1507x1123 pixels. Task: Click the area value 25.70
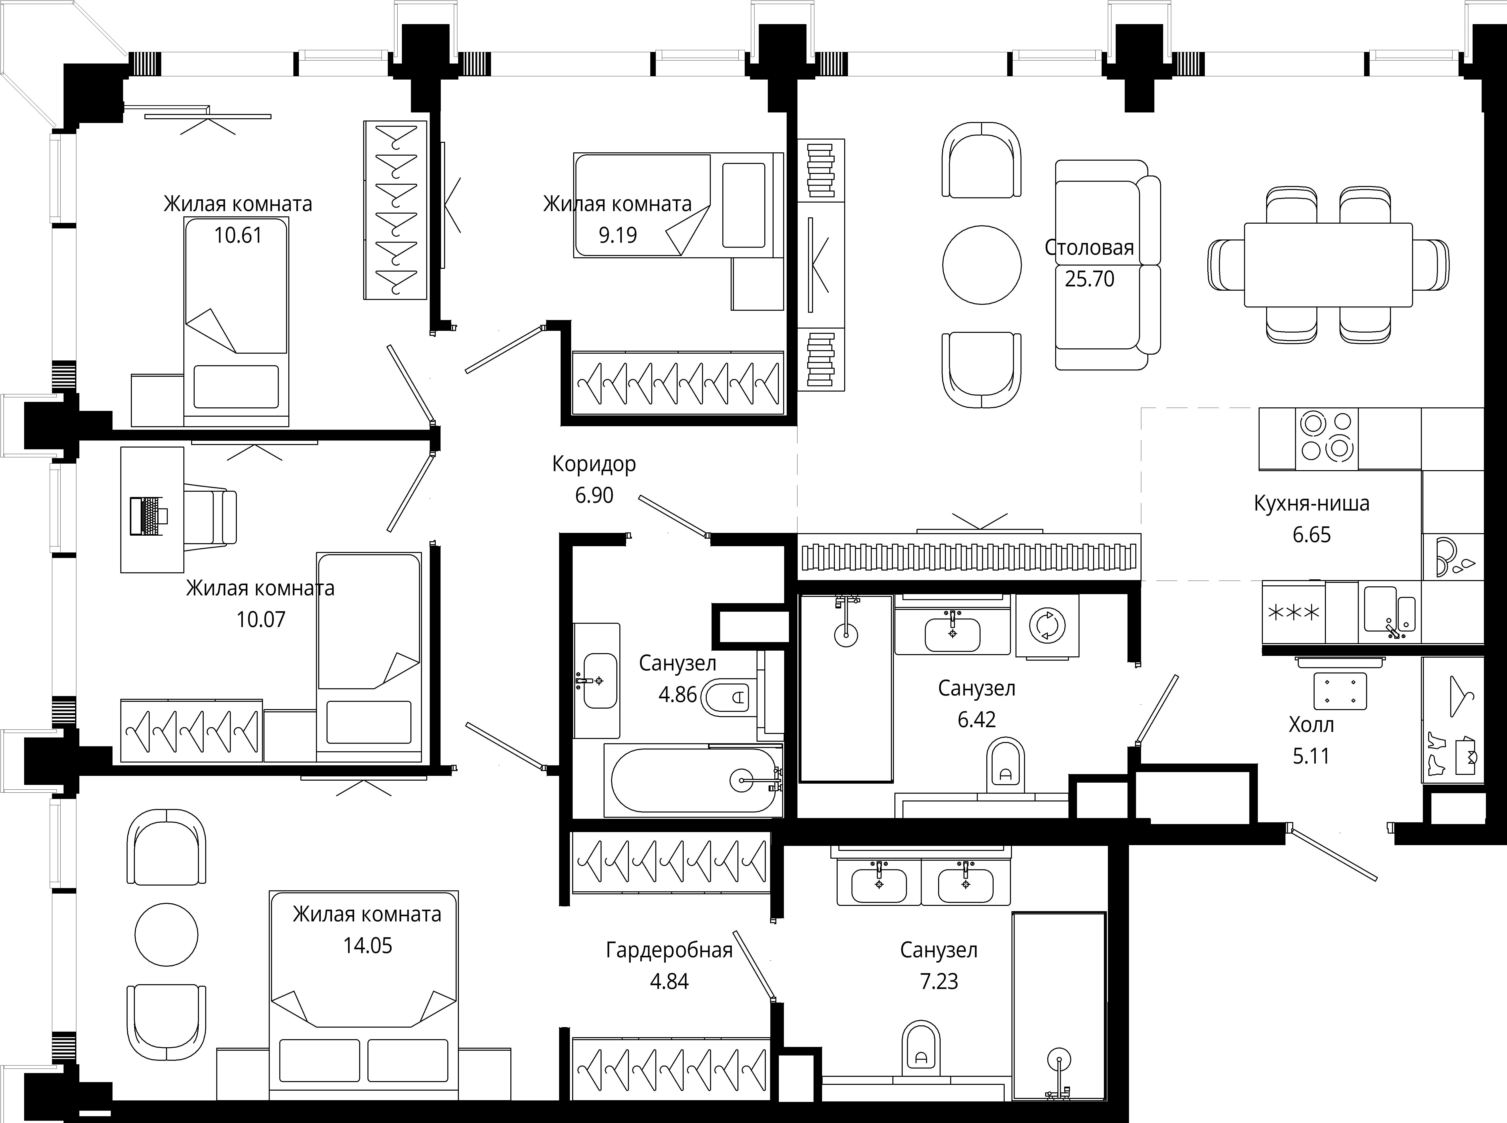[x=1090, y=279]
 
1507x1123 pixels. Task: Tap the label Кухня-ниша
[x=1311, y=504]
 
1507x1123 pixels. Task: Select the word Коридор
[x=594, y=464]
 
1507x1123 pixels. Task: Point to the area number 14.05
[x=367, y=946]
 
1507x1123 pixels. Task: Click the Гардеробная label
[x=669, y=950]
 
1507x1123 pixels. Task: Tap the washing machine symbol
[x=1047, y=626]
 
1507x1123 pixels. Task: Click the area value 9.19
[x=617, y=235]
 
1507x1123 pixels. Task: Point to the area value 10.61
[x=238, y=235]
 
